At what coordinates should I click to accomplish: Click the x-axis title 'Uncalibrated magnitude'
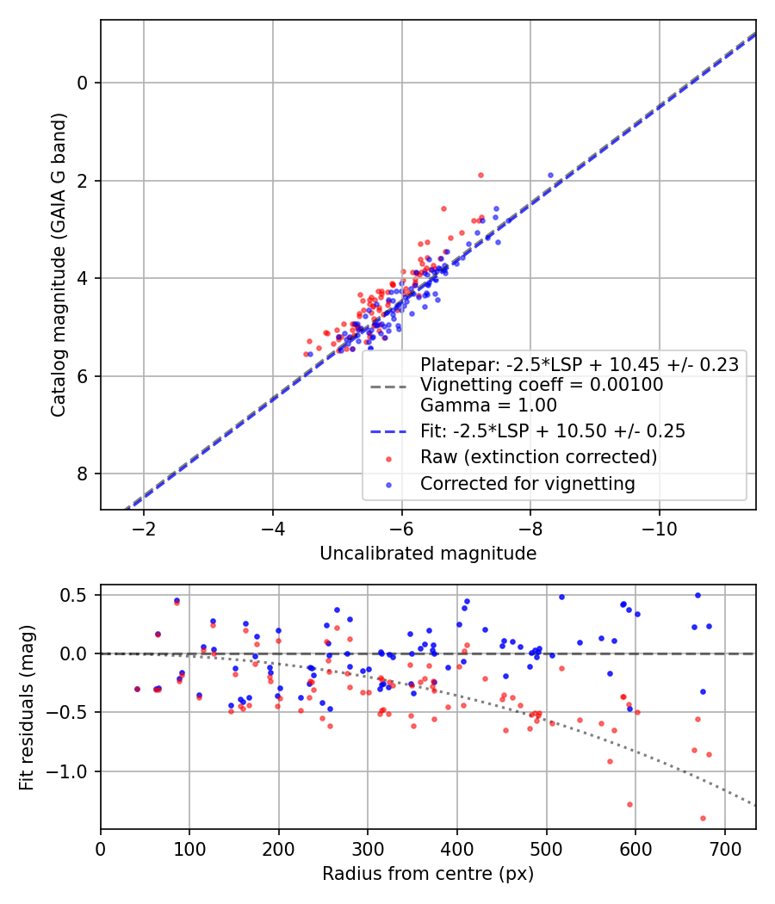tap(428, 554)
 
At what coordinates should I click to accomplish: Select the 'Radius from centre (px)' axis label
tap(428, 874)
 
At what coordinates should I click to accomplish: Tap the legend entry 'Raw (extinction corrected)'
tap(538, 456)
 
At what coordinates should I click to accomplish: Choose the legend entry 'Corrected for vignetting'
tap(527, 484)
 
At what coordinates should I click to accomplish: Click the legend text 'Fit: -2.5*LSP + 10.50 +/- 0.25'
tap(552, 431)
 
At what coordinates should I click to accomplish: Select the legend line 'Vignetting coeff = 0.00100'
tap(541, 385)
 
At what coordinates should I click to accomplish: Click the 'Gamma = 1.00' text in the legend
tap(488, 405)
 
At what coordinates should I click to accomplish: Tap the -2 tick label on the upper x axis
tap(144, 526)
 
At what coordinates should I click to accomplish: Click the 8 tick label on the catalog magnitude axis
tap(82, 474)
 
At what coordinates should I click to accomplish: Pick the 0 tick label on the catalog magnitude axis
tap(82, 83)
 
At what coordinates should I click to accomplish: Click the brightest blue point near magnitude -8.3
tap(551, 175)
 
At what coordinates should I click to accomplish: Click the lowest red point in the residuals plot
tap(703, 818)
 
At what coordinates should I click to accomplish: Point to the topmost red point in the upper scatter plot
tap(480, 175)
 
